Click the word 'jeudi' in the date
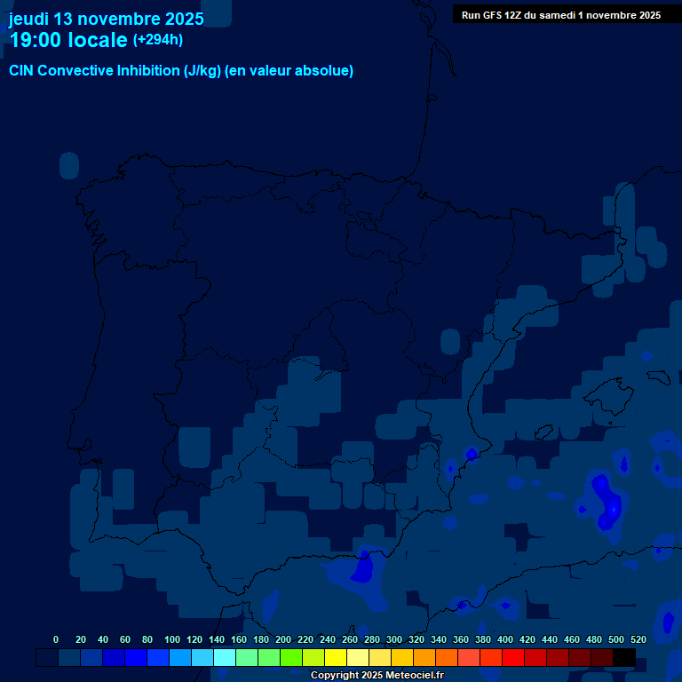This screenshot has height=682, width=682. point(28,19)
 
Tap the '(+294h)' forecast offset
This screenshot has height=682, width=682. point(158,40)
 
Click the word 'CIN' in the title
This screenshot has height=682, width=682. point(22,71)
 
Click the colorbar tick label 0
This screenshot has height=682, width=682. point(56,639)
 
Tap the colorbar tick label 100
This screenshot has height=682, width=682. point(172,639)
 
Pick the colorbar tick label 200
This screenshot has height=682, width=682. point(283,639)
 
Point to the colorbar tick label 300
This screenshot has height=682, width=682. point(394,639)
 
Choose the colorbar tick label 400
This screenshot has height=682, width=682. point(505,639)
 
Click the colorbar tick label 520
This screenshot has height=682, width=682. point(638,639)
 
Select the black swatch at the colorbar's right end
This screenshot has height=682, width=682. point(624,657)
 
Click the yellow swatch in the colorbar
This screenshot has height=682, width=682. point(336,657)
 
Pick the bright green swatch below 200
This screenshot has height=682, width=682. point(291,657)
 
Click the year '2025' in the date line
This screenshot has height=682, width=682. point(178,19)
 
